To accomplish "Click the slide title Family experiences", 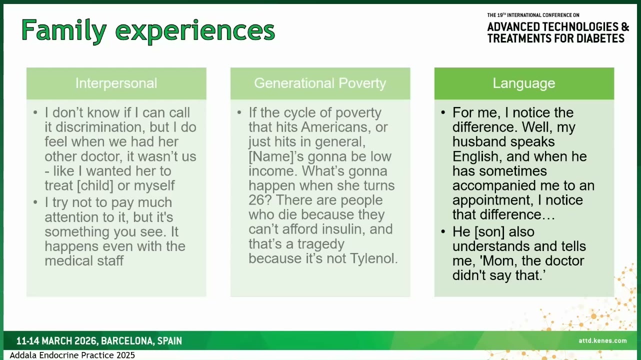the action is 148,31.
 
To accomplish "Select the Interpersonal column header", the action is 116,83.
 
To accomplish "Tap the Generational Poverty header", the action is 320,83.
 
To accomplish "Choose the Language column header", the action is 524,83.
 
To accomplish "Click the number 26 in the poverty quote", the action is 256,200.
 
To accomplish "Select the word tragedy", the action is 321,244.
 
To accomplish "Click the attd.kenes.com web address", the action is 602,340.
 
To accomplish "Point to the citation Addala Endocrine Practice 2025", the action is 72,355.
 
